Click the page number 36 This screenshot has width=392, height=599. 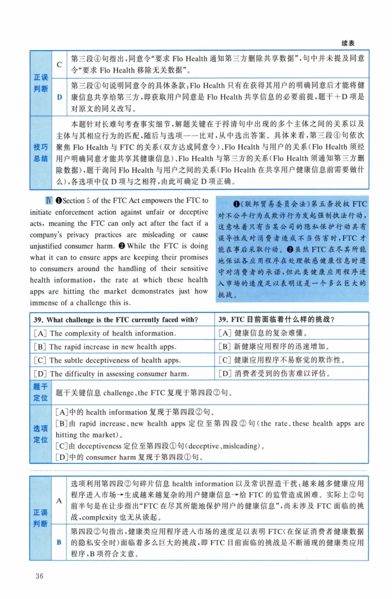coord(39,575)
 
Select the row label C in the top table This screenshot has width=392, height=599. coord(59,64)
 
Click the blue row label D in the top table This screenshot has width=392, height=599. coord(59,96)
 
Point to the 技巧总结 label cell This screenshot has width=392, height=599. coord(41,153)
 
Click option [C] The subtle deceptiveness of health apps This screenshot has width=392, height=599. coord(107,360)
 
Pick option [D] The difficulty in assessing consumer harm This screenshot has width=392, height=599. coord(111,374)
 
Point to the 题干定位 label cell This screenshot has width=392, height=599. coord(41,392)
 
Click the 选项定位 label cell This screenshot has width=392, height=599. coord(41,434)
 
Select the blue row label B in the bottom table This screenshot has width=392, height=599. coord(59,542)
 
